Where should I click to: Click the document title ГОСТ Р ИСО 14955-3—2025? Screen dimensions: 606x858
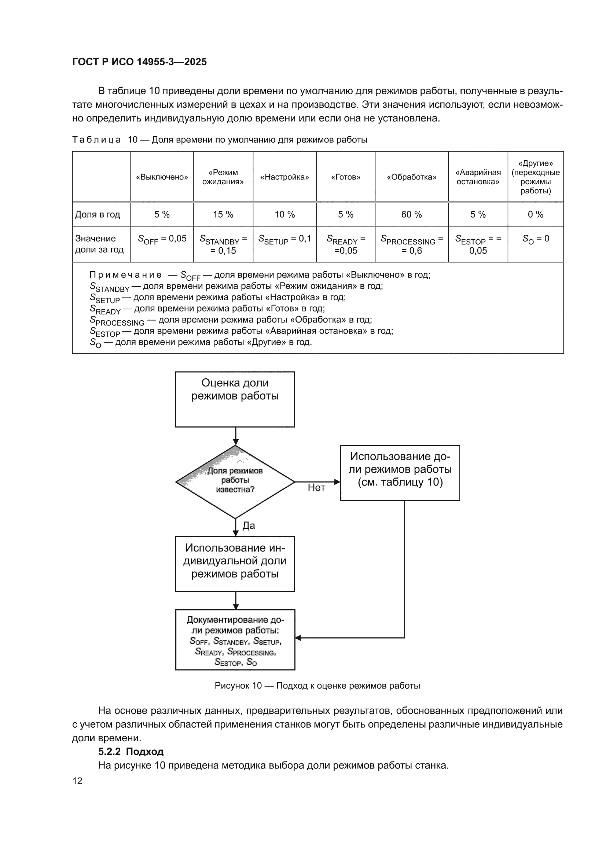click(x=139, y=62)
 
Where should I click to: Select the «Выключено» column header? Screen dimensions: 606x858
click(x=162, y=177)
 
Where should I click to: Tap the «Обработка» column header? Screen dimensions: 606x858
click(x=411, y=177)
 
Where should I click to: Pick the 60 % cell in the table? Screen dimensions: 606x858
click(x=411, y=214)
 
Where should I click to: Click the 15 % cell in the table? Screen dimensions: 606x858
click(x=223, y=214)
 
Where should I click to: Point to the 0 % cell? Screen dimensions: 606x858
click(x=536, y=214)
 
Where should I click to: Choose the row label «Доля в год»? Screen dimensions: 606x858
click(x=98, y=214)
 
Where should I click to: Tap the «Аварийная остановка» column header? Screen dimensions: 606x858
click(x=478, y=177)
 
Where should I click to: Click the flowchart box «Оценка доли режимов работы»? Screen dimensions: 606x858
click(x=235, y=399)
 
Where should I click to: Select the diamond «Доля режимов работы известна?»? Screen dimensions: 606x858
click(x=235, y=482)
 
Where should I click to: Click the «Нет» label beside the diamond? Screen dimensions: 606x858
click(x=316, y=487)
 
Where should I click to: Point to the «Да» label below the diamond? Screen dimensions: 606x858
click(x=249, y=526)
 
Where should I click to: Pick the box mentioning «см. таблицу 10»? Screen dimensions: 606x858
click(x=400, y=472)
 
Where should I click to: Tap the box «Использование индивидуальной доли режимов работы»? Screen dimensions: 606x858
click(x=235, y=564)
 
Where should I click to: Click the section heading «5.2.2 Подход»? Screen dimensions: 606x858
click(x=131, y=752)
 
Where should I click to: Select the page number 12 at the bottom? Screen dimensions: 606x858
click(x=77, y=781)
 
